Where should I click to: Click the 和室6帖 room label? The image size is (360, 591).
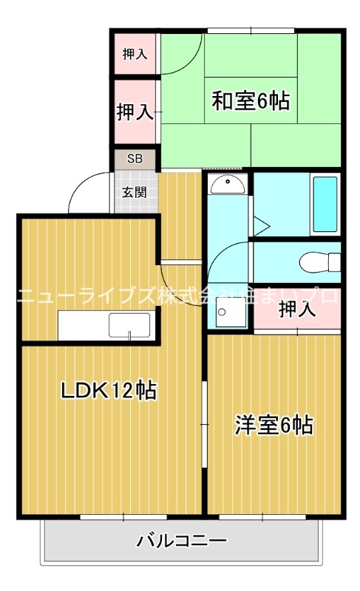pyautogui.click(x=251, y=100)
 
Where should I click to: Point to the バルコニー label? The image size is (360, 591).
pyautogui.click(x=181, y=542)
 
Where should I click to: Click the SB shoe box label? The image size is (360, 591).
pyautogui.click(x=134, y=158)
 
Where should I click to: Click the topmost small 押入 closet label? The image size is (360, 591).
pyautogui.click(x=135, y=53)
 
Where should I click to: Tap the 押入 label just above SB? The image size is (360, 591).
pyautogui.click(x=135, y=112)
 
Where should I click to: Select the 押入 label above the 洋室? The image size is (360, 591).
pyautogui.click(x=298, y=310)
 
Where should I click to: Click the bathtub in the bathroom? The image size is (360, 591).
pyautogui.click(x=325, y=203)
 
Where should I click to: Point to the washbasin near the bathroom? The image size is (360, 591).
pyautogui.click(x=228, y=184)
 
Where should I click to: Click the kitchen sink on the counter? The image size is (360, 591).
pyautogui.click(x=129, y=325)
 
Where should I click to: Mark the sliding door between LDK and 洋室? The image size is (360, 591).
pyautogui.click(x=204, y=414)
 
